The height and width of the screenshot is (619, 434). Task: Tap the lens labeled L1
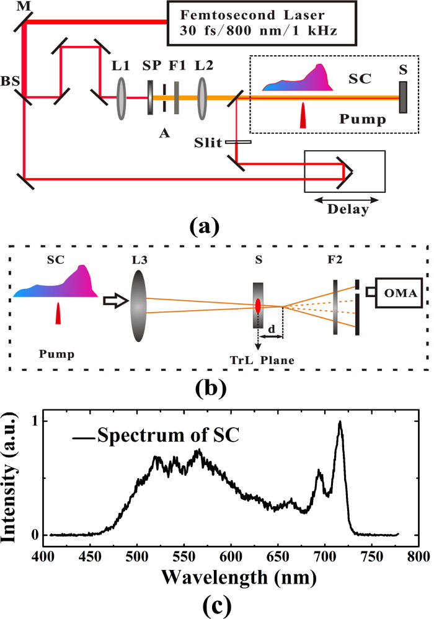(x=120, y=97)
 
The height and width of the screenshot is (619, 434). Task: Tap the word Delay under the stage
(x=343, y=210)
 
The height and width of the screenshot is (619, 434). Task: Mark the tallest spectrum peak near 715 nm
(x=340, y=422)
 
